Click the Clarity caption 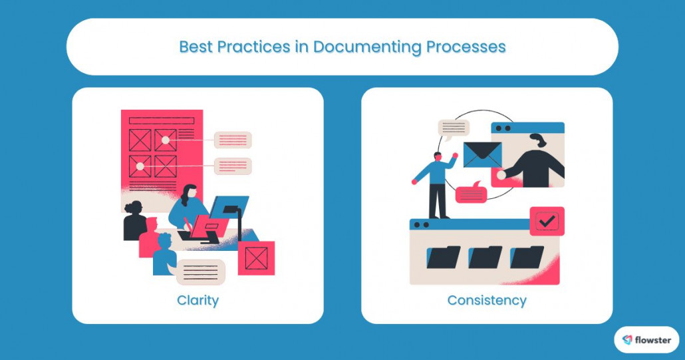pos(198,300)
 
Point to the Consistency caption pos(487,300)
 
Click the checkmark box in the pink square pos(547,222)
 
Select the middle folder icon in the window pos(485,257)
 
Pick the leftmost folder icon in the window pos(444,257)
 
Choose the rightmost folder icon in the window pos(527,257)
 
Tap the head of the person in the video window pos(537,142)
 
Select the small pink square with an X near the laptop pos(256,258)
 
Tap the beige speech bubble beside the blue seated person pos(201,271)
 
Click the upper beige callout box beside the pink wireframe pos(233,140)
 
